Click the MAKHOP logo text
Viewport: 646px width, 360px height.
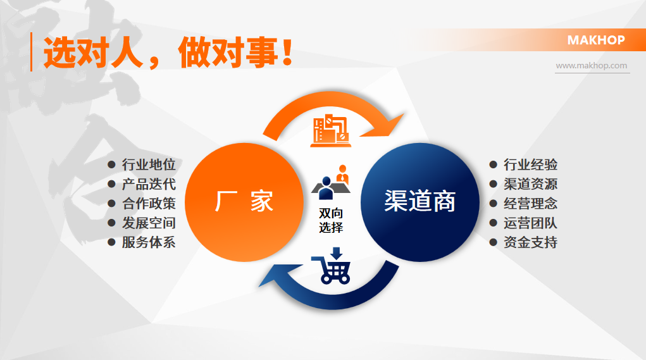(x=595, y=40)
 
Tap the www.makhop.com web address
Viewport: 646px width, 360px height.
(x=592, y=66)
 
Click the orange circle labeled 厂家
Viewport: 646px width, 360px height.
(x=244, y=202)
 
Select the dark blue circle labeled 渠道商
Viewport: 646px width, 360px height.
(x=419, y=202)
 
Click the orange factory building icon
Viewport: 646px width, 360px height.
(x=330, y=130)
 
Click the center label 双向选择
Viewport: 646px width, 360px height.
(x=331, y=220)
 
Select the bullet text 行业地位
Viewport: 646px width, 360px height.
(x=149, y=165)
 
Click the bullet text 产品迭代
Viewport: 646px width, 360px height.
(x=149, y=185)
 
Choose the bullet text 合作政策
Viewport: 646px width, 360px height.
(x=149, y=204)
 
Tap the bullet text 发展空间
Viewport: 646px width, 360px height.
(x=149, y=223)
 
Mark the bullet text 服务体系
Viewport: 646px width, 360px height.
(x=149, y=242)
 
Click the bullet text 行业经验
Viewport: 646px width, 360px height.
(x=530, y=165)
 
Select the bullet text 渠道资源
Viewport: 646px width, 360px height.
(x=530, y=185)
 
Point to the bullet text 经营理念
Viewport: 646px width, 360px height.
(x=530, y=204)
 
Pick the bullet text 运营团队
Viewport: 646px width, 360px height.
(x=530, y=223)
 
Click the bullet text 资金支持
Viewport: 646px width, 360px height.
(x=530, y=242)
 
